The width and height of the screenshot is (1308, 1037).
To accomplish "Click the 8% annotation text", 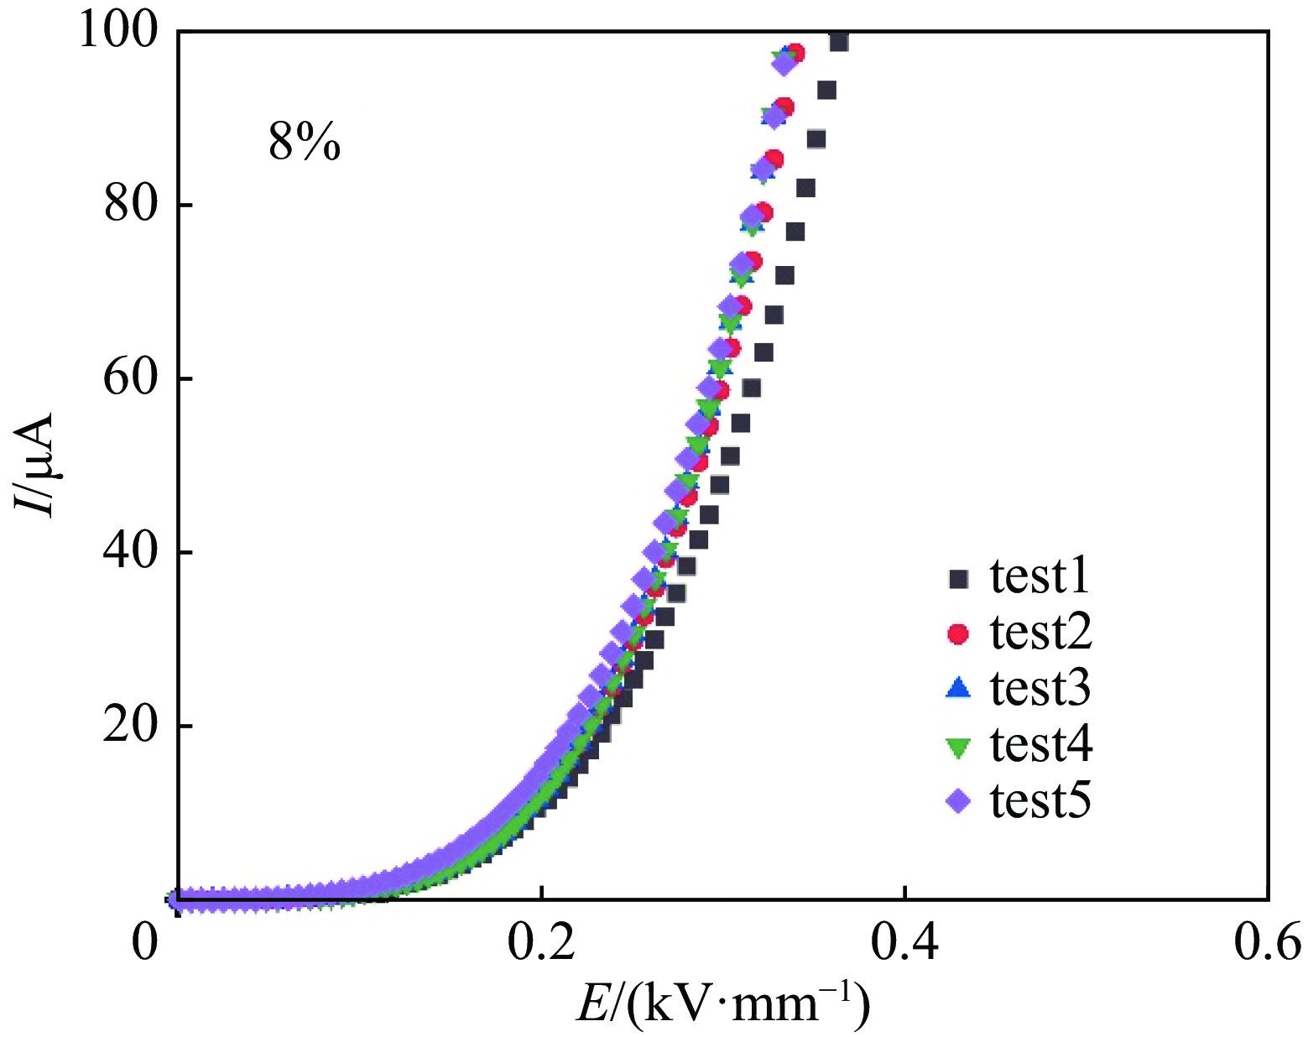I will [x=305, y=143].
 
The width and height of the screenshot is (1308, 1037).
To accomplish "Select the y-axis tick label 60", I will [x=131, y=378].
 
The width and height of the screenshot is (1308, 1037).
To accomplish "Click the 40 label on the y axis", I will [x=131, y=552].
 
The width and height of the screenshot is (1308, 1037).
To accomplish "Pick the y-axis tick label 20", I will [x=131, y=726].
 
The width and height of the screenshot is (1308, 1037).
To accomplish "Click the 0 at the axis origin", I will [x=145, y=941].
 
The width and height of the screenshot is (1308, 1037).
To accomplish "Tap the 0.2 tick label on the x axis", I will [x=542, y=941].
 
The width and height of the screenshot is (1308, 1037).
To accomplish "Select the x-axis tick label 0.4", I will [x=904, y=941].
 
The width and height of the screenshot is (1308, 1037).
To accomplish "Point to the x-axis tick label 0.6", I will [x=1267, y=941].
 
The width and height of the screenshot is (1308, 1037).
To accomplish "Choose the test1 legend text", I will [x=1040, y=577].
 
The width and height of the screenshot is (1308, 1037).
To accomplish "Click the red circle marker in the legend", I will [x=957, y=633].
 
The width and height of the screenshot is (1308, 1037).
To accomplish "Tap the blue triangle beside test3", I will [x=957, y=689].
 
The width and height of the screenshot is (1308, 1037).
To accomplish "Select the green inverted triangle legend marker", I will [x=957, y=746].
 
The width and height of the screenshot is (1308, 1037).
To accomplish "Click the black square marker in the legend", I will [x=957, y=578].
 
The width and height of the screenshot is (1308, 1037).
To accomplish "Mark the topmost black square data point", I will [x=838, y=42].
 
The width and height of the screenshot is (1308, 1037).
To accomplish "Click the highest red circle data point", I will [x=795, y=54].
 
